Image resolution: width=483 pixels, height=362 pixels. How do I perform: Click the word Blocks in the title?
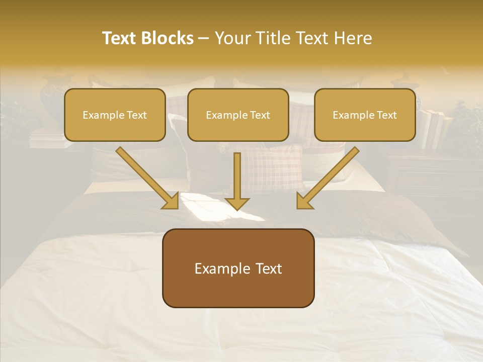pos(168,38)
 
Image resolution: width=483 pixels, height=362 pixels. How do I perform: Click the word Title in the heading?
pos(271,38)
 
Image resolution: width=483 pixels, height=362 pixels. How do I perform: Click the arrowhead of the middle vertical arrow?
pos(237,202)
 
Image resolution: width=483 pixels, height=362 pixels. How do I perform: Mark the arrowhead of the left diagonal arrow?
pos(171,201)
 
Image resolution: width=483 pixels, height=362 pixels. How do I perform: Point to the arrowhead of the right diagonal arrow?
pos(304,201)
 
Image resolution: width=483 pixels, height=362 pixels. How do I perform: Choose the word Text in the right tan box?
pos(386,115)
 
